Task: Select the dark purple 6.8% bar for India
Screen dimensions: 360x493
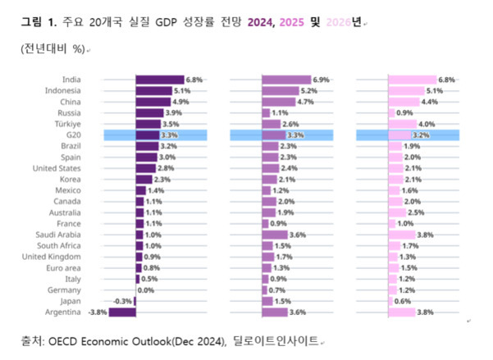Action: [160, 80]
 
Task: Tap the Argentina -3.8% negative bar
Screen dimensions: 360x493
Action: [122, 312]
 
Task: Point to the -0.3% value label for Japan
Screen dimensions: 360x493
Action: [122, 301]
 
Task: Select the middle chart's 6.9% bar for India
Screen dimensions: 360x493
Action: [286, 80]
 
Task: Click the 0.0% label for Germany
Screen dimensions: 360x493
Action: [146, 289]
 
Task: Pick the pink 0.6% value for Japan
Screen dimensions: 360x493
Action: [403, 301]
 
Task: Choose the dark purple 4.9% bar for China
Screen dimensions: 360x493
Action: [153, 102]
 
